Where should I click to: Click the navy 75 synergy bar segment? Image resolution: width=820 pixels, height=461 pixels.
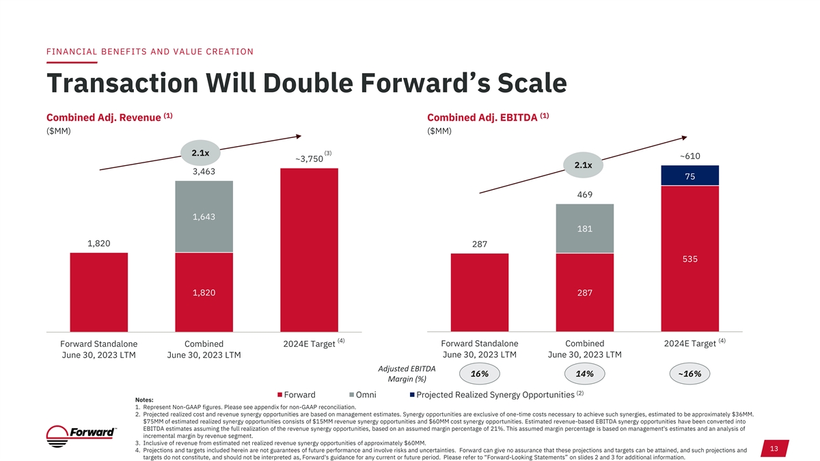tap(691, 176)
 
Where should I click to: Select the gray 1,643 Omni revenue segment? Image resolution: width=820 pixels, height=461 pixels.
tap(204, 216)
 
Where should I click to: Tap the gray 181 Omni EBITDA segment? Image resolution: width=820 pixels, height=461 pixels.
tap(585, 229)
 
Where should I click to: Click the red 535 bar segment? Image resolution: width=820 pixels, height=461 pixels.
tap(691, 259)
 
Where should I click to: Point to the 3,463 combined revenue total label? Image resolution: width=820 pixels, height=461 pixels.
tap(204, 172)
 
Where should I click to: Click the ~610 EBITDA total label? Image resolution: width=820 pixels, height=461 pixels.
tap(690, 156)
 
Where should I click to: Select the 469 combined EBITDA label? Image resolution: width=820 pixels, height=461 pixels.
tap(585, 195)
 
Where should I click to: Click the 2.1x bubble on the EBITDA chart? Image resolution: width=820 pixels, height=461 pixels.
tap(583, 165)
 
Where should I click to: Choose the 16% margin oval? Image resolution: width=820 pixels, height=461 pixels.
tap(479, 374)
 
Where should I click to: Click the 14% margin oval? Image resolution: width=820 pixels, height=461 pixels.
tap(585, 374)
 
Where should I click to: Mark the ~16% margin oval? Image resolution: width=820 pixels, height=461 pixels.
tap(690, 374)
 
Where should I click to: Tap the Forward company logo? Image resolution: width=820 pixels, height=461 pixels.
tap(82, 434)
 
